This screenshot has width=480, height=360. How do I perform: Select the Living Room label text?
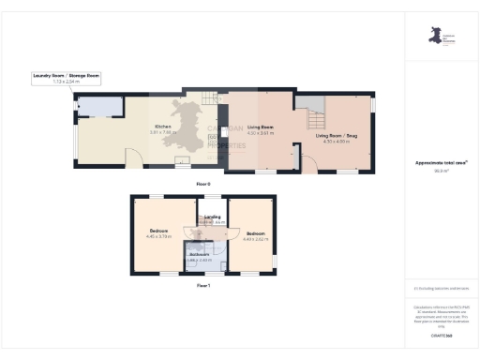click(x=260, y=130)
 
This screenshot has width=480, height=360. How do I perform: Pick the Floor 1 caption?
click(x=202, y=285)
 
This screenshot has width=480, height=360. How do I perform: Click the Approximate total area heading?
click(x=441, y=163)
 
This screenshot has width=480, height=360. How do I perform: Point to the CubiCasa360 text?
click(x=441, y=335)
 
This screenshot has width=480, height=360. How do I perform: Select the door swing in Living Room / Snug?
click(x=305, y=164)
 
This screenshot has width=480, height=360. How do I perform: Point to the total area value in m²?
click(x=441, y=171)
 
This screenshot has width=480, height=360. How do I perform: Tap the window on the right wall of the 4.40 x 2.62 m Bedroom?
click(x=276, y=258)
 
